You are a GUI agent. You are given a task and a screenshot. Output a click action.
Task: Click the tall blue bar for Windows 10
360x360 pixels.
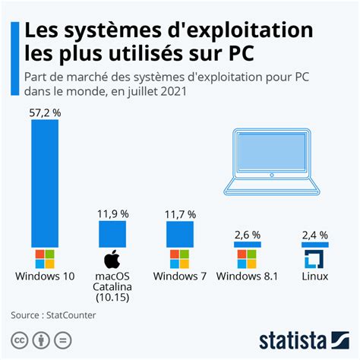pos(45,182)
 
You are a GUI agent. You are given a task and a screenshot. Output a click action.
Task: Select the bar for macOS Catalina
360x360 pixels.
pos(112,233)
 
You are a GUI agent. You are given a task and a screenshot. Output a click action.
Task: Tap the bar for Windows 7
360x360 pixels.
pos(180,234)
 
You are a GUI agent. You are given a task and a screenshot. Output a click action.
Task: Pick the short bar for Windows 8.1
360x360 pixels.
pos(248,245)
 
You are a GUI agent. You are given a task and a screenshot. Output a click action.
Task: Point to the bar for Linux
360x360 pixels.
pos(314,245)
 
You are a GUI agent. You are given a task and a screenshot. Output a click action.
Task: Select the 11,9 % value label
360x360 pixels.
pos(112,215)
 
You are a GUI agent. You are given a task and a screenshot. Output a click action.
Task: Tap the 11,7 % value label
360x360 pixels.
pos(180,215)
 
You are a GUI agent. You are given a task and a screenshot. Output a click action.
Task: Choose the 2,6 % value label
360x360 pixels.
pos(248,235)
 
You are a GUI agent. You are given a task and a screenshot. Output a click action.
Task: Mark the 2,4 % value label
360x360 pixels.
pos(314,235)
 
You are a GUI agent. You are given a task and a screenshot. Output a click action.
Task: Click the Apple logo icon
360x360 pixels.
pos(112,259)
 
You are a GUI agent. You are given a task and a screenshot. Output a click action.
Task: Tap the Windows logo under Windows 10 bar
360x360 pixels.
pos(45,258)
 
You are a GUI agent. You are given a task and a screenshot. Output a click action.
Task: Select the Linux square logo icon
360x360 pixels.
pos(314,258)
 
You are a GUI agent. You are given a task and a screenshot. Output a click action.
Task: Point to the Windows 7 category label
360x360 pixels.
pos(180,276)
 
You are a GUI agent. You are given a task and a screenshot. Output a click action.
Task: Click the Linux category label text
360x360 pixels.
pos(314,276)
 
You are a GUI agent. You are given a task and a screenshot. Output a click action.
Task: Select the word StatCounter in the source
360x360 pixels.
pos(70,314)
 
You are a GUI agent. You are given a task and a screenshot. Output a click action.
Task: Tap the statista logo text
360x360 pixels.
pos(304,339)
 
